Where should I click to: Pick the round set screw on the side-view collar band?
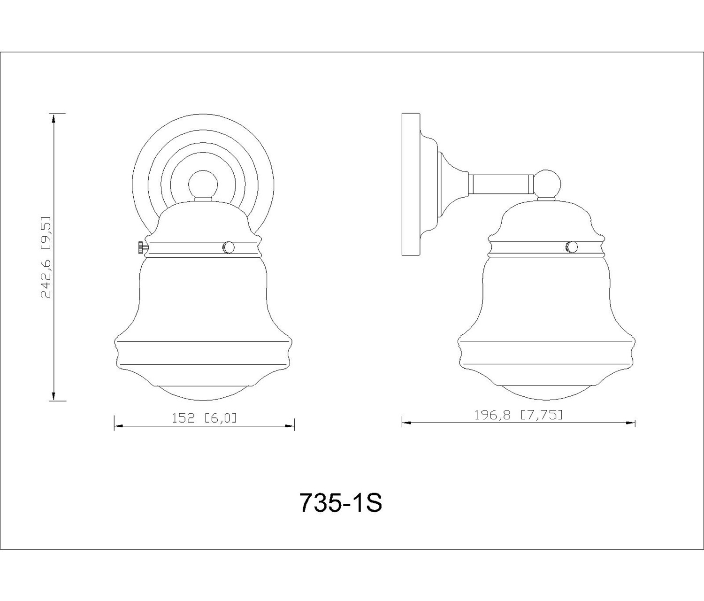(572, 247)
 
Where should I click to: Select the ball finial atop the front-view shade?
(203, 185)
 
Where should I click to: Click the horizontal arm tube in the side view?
(501, 185)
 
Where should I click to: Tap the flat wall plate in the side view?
(411, 185)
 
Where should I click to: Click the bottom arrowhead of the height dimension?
(53, 396)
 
